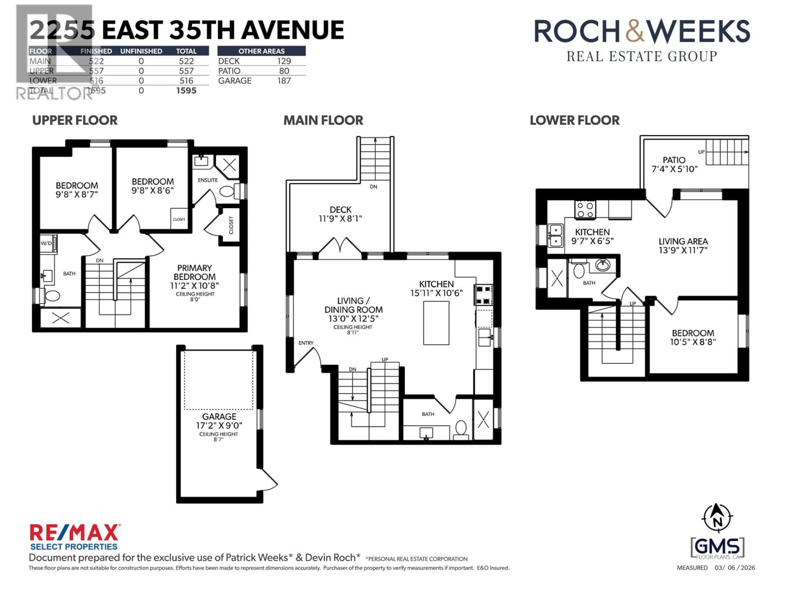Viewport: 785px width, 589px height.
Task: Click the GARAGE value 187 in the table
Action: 284,81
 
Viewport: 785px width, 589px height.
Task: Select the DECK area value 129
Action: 284,61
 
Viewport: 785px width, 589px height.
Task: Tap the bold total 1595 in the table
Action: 186,91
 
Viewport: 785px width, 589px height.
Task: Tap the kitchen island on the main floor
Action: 436,323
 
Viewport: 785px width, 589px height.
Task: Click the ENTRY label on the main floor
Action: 306,343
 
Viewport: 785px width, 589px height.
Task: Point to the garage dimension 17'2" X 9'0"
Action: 219,425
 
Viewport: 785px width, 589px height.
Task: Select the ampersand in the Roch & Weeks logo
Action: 635,31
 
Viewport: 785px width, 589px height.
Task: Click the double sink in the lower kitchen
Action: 555,235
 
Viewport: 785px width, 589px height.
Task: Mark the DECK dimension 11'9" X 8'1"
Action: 340,219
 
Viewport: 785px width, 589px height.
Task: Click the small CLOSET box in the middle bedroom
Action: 179,219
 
